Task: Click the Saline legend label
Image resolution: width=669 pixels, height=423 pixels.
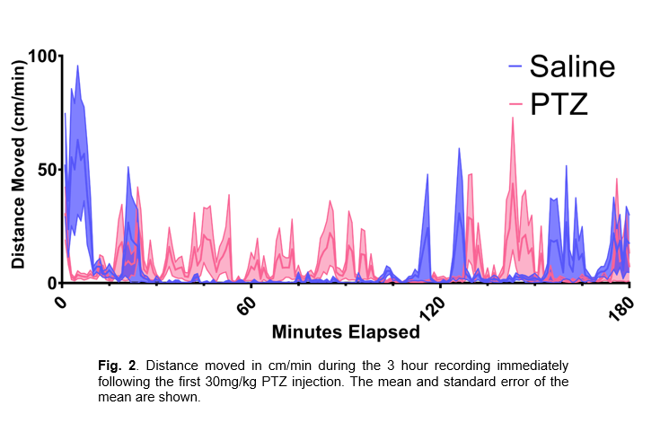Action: click(x=572, y=66)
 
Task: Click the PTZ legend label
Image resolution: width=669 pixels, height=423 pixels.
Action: click(x=559, y=104)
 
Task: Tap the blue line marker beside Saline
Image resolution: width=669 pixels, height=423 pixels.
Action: click(x=515, y=66)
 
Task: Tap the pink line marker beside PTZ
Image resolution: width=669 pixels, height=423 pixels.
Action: click(x=515, y=105)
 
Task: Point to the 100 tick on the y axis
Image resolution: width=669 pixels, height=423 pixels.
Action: click(x=41, y=56)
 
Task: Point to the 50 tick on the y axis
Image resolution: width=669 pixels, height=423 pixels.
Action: click(x=46, y=170)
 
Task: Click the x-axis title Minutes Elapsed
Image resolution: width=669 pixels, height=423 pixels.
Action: click(x=346, y=332)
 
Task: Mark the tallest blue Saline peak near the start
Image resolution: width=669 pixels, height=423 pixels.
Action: click(x=77, y=66)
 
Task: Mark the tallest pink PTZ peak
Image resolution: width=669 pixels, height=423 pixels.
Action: click(x=513, y=118)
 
